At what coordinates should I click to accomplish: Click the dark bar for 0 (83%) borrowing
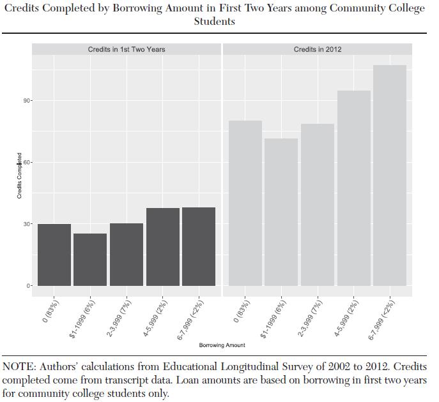tap(54, 255)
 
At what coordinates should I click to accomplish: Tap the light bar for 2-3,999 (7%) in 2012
tap(318, 204)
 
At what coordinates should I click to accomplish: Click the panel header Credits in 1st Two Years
tap(127, 49)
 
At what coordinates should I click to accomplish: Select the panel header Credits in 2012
tap(318, 49)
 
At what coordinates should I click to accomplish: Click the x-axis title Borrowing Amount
tap(222, 345)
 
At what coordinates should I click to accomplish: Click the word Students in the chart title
tap(214, 22)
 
